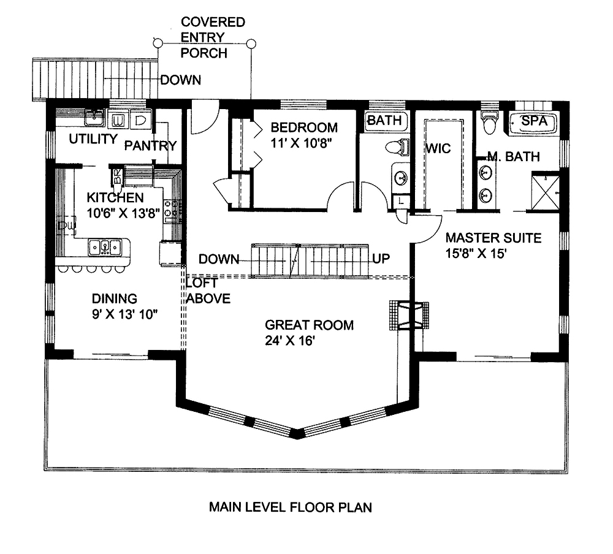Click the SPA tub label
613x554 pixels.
pos(533,121)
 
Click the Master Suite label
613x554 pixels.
pos(493,238)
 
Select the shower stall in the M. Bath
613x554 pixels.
pos(545,192)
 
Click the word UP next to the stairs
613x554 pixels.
pos(382,258)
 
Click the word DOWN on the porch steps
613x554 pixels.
pos(180,80)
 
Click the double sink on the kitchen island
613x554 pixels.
pos(109,247)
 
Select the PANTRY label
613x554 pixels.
pos(150,146)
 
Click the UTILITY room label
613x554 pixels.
pos(93,139)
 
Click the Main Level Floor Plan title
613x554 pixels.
pos(291,507)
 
